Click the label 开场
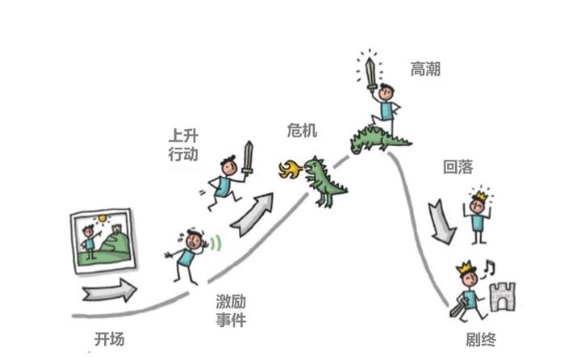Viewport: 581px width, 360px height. [110, 339]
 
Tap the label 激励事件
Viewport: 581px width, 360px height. [231, 311]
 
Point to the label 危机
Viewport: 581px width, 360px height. [303, 131]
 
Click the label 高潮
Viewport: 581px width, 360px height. [425, 69]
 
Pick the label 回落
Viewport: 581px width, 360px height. [458, 169]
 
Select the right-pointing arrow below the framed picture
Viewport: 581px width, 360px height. [110, 288]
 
